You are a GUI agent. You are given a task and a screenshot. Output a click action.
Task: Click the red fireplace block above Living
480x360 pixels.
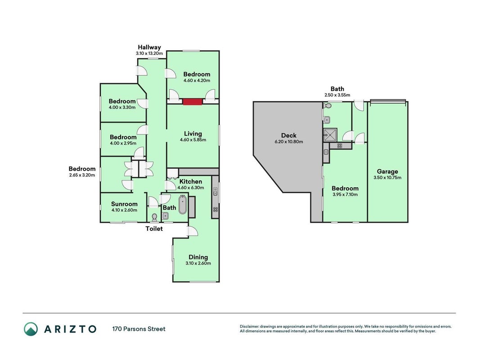193,102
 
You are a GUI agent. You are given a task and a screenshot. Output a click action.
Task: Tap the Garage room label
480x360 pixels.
387,171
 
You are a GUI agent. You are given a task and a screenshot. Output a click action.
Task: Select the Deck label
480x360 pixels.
289,135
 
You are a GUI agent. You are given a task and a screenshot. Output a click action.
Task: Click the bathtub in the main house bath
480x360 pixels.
183,205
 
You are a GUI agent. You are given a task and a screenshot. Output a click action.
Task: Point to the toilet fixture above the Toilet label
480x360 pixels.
154,217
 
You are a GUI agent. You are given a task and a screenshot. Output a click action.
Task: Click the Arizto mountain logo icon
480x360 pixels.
31,329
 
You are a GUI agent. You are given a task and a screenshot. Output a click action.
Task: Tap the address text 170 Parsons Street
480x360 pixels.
139,329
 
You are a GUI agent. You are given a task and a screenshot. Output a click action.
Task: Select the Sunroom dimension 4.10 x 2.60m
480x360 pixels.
124,210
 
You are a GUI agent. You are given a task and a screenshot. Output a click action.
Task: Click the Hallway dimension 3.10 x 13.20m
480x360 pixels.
149,53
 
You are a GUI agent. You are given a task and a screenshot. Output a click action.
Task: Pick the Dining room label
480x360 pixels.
198,257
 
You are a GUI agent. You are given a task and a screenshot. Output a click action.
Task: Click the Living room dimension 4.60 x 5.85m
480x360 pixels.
193,140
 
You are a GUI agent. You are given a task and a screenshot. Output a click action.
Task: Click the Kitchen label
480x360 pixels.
190,181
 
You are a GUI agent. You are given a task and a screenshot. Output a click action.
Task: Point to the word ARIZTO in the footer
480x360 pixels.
70,329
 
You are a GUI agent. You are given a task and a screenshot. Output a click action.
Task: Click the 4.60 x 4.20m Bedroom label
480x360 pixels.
197,74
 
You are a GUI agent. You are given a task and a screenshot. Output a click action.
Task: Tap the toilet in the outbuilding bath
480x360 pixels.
327,106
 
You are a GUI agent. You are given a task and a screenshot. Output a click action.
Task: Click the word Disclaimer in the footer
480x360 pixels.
249,327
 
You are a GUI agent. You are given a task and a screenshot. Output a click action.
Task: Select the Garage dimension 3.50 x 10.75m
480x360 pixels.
387,178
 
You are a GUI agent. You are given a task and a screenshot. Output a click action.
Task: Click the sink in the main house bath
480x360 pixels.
165,216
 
